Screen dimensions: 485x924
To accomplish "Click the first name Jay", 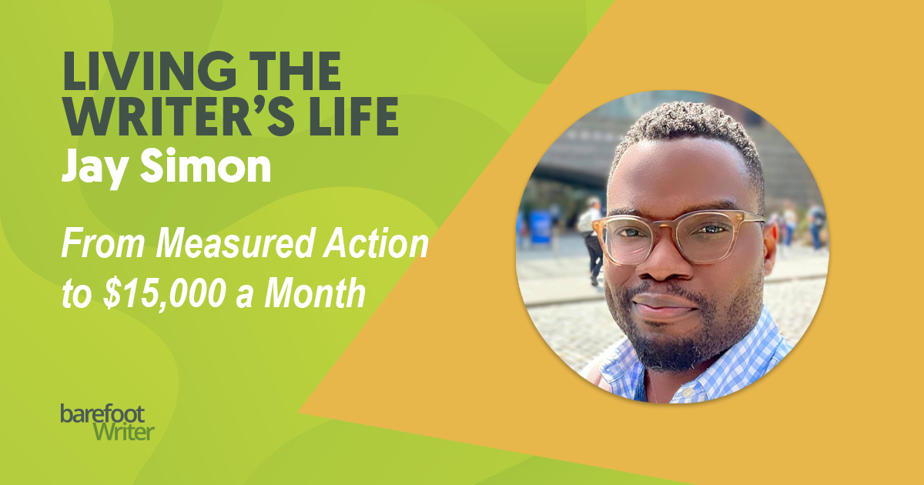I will coord(95,166).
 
